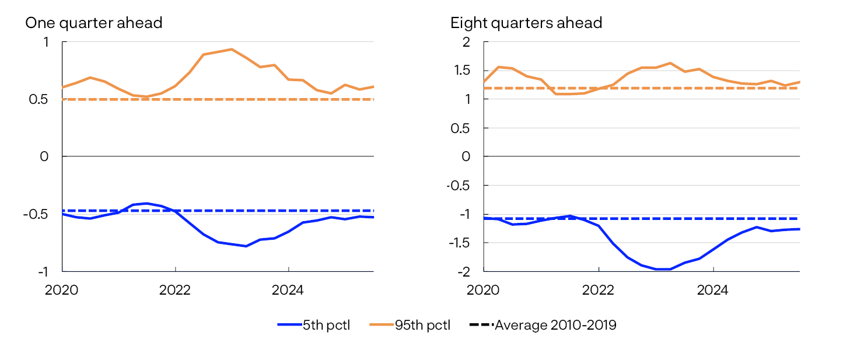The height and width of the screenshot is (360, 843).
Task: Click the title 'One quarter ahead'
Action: click(93, 23)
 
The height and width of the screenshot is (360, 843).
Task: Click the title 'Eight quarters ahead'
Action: click(526, 23)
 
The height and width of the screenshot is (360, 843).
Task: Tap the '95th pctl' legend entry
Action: click(410, 326)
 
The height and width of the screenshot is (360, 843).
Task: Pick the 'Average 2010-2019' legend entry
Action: click(543, 326)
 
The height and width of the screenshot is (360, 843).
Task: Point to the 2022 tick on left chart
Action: click(175, 289)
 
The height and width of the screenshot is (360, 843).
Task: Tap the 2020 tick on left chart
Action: click(62, 289)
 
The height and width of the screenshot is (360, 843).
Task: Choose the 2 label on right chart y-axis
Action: click(466, 42)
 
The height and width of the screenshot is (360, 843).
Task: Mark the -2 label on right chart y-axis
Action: click(463, 272)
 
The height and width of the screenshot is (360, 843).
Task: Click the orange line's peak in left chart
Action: click(232, 49)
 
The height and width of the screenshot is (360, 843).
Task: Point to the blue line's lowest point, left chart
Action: click(246, 246)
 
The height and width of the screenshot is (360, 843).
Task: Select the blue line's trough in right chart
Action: click(662, 269)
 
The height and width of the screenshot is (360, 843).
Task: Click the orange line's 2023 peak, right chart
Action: click(670, 63)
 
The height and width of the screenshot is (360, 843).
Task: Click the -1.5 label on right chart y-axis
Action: click(459, 243)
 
